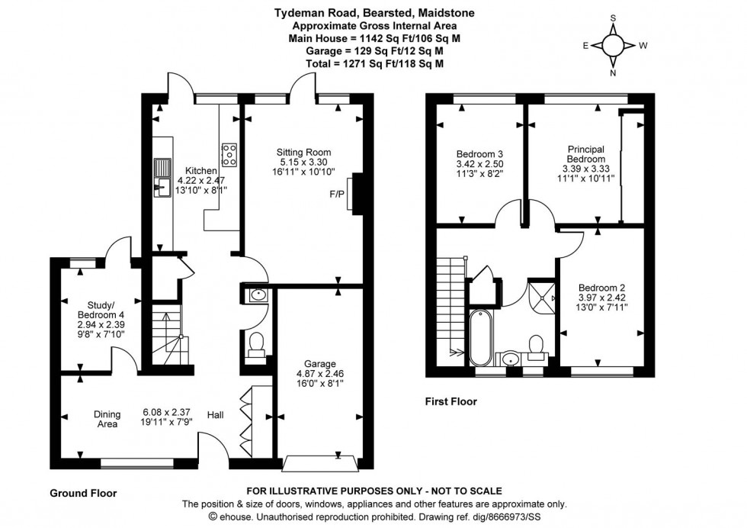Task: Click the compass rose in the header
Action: (614, 45)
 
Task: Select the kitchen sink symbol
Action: (162, 175)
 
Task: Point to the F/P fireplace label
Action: (336, 194)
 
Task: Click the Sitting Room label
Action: (304, 152)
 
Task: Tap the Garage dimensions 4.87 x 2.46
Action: (315, 374)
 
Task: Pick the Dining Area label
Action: (107, 419)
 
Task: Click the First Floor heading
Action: (451, 401)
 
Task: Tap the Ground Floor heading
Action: (83, 493)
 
